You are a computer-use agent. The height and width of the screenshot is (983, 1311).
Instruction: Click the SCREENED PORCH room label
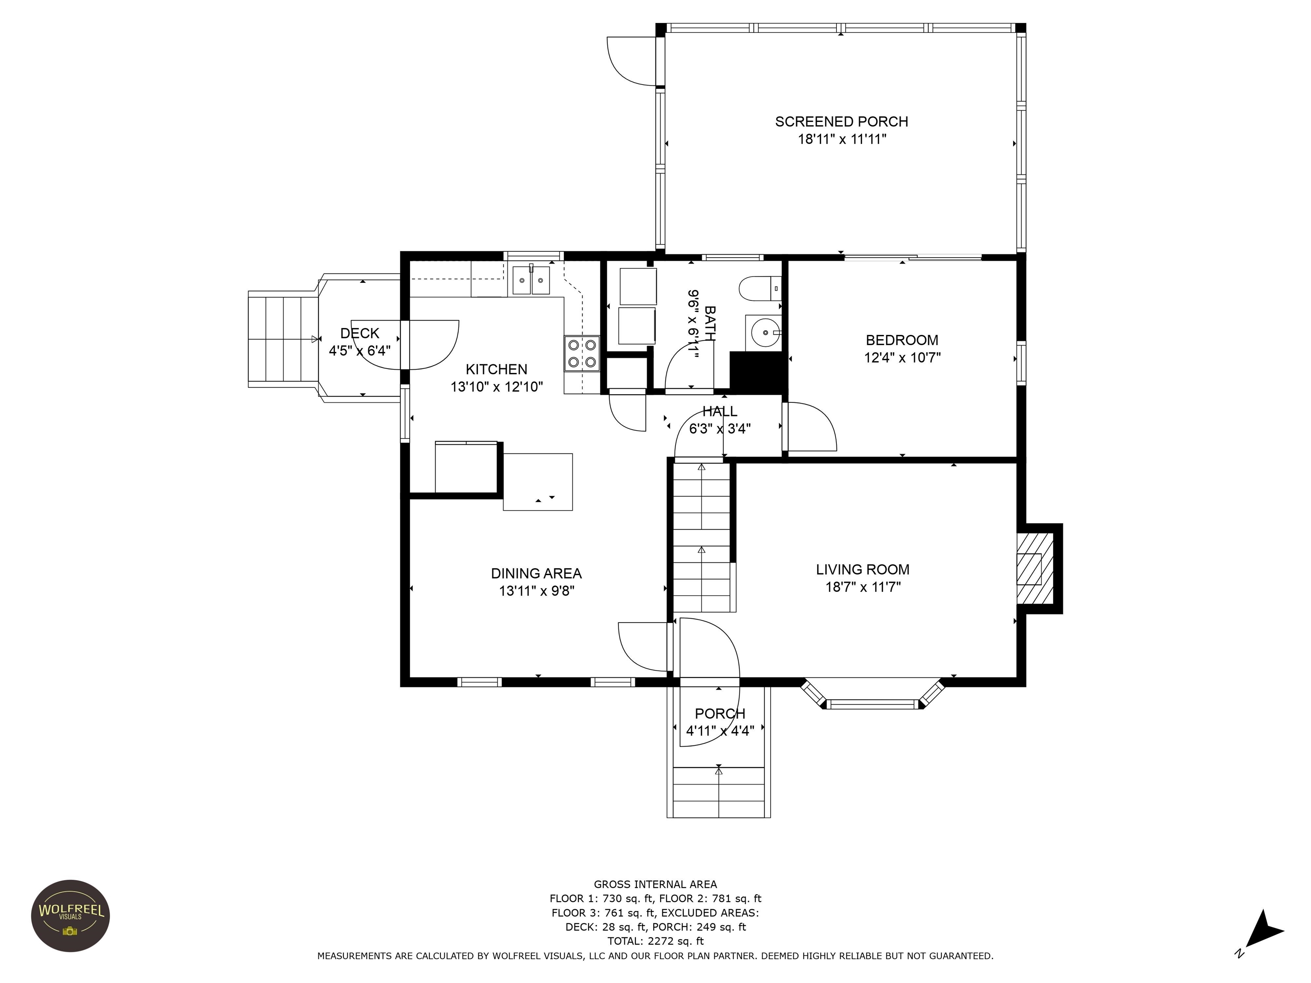coord(841,122)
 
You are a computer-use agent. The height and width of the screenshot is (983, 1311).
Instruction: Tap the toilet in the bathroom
coord(760,288)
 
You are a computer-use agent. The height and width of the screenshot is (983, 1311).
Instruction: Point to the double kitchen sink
coord(531,280)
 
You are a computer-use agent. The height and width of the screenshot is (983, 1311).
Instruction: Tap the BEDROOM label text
coord(902,340)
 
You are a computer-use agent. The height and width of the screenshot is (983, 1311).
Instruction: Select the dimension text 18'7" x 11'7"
coord(863,587)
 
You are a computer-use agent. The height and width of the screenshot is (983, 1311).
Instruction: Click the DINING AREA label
coord(536,573)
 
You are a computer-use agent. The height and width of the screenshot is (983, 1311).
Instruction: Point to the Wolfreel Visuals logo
coord(70,916)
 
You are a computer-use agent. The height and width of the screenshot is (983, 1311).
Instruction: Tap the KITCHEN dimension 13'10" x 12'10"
coord(497,387)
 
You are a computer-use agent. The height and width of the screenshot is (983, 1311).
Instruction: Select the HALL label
coord(720,411)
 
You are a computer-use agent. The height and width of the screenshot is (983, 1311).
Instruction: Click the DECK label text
coord(360,333)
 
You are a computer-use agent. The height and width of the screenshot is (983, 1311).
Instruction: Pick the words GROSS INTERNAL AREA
coord(655,884)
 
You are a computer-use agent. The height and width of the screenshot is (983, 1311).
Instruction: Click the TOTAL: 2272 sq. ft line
coord(655,941)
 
